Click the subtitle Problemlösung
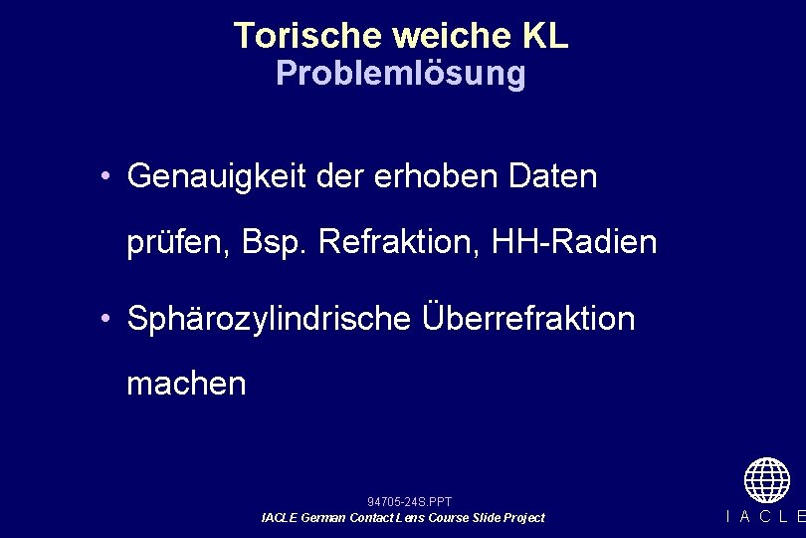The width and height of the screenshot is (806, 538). pyautogui.click(x=400, y=74)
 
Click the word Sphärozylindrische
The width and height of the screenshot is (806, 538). pyautogui.click(x=269, y=319)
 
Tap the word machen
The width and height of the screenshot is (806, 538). pyautogui.click(x=186, y=384)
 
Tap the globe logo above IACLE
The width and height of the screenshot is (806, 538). pyautogui.click(x=766, y=479)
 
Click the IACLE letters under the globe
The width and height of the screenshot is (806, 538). pyautogui.click(x=766, y=516)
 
